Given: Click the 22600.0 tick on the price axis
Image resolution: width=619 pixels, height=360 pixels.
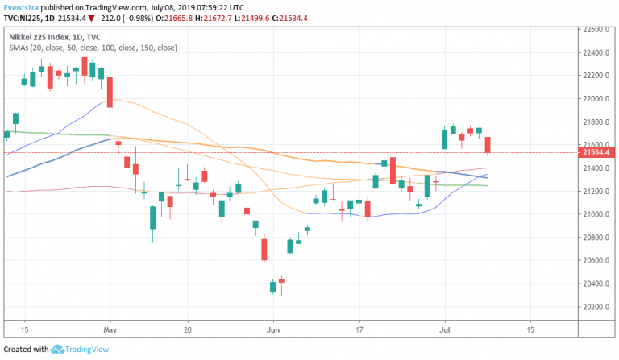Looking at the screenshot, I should point(598,29).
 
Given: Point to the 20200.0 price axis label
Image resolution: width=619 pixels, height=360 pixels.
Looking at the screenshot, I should point(598,307).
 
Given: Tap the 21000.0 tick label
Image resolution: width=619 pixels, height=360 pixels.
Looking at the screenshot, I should point(598,214).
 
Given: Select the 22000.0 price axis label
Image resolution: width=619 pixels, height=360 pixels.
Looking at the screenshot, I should point(598,98).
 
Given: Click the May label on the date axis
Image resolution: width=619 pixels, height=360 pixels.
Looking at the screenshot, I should point(111,330).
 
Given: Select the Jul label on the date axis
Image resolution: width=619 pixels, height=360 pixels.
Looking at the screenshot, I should point(443,330).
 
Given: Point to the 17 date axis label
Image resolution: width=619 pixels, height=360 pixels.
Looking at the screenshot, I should point(359,330).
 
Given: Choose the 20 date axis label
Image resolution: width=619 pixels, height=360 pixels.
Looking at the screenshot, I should point(187,330).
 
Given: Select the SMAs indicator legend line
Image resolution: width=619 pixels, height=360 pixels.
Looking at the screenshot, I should point(93,48).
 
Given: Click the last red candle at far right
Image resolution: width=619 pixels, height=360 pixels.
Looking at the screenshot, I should point(488,145).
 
